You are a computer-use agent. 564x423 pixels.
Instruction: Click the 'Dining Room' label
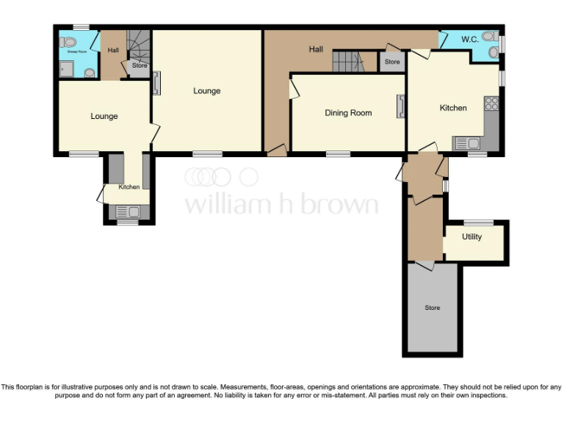348,113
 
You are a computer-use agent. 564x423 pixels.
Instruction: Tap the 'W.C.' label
469,39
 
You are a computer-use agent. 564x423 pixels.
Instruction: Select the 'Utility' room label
471,236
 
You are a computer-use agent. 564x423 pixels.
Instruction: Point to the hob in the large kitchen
491,104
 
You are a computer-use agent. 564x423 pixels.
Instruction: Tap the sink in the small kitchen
128,211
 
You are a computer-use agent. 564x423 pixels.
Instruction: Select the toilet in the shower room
68,42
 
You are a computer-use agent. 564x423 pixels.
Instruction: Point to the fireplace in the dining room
401,106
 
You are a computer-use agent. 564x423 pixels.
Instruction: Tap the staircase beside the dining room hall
349,62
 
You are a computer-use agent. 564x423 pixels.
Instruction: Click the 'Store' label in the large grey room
433,308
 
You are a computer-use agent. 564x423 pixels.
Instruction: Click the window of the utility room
478,223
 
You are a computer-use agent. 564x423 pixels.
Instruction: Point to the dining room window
338,154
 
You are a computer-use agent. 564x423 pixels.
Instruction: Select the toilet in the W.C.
489,36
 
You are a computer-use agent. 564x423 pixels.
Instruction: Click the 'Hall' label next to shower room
113,50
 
